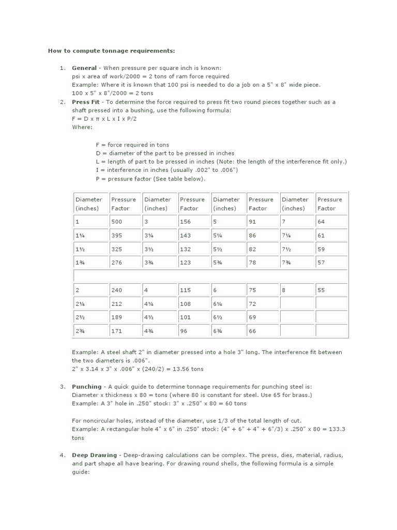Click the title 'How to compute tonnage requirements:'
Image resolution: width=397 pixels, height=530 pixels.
(112, 51)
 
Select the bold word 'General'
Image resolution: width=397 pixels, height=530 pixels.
(84, 68)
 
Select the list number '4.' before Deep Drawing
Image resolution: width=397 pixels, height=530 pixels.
(63, 455)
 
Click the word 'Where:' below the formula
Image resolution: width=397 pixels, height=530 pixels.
(81, 127)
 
